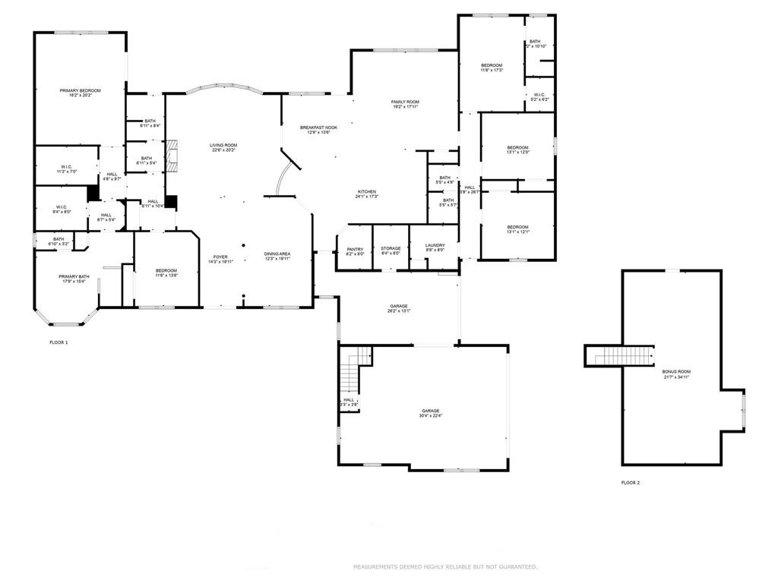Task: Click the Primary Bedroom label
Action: pos(80,90)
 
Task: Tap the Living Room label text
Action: pos(224,145)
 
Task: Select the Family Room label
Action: pos(405,102)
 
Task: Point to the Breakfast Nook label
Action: pos(318,128)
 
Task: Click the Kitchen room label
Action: pos(367,192)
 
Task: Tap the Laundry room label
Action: pos(435,246)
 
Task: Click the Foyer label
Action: pos(220,257)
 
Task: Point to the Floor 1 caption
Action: pos(59,343)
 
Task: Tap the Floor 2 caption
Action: pos(631,483)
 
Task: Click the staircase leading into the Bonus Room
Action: pos(619,355)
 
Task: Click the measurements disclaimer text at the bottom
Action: pos(445,567)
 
